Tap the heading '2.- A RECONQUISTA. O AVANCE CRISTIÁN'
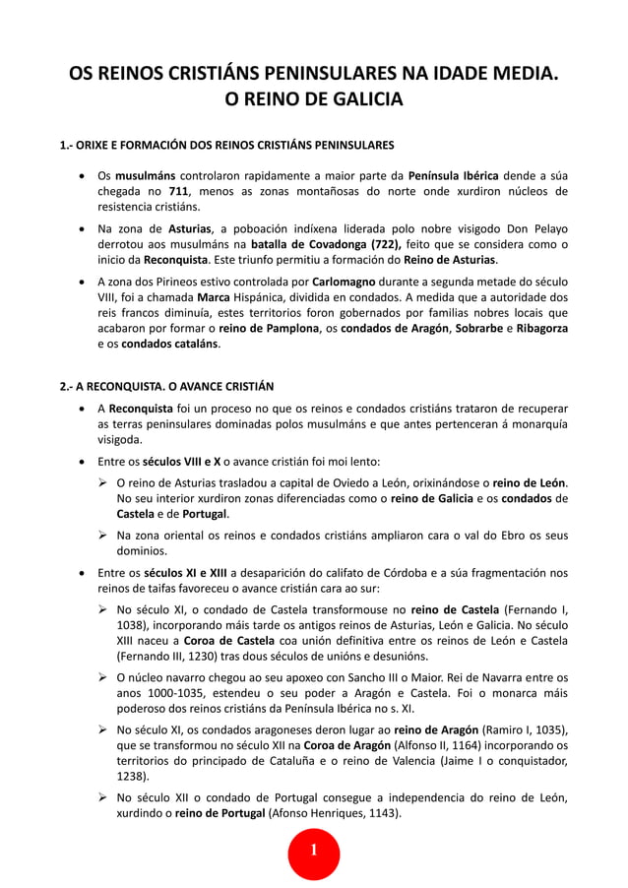tap(167, 385)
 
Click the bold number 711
tap(177, 191)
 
